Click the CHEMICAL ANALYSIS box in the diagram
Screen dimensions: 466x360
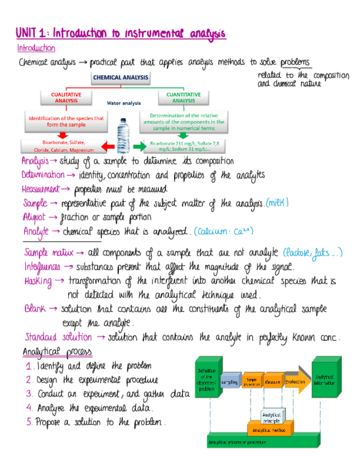[120, 77]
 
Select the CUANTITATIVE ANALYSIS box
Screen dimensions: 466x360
[184, 98]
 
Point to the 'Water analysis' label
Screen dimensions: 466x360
[124, 103]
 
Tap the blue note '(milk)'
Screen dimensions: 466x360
[277, 203]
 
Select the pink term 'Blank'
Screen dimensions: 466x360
[35, 309]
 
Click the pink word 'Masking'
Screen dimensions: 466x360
[38, 281]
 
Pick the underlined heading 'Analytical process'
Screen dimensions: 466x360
[57, 352]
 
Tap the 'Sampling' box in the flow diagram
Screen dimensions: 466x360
[229, 381]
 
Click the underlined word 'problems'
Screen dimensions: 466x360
[295, 62]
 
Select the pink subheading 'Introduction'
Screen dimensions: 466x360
[36, 48]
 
